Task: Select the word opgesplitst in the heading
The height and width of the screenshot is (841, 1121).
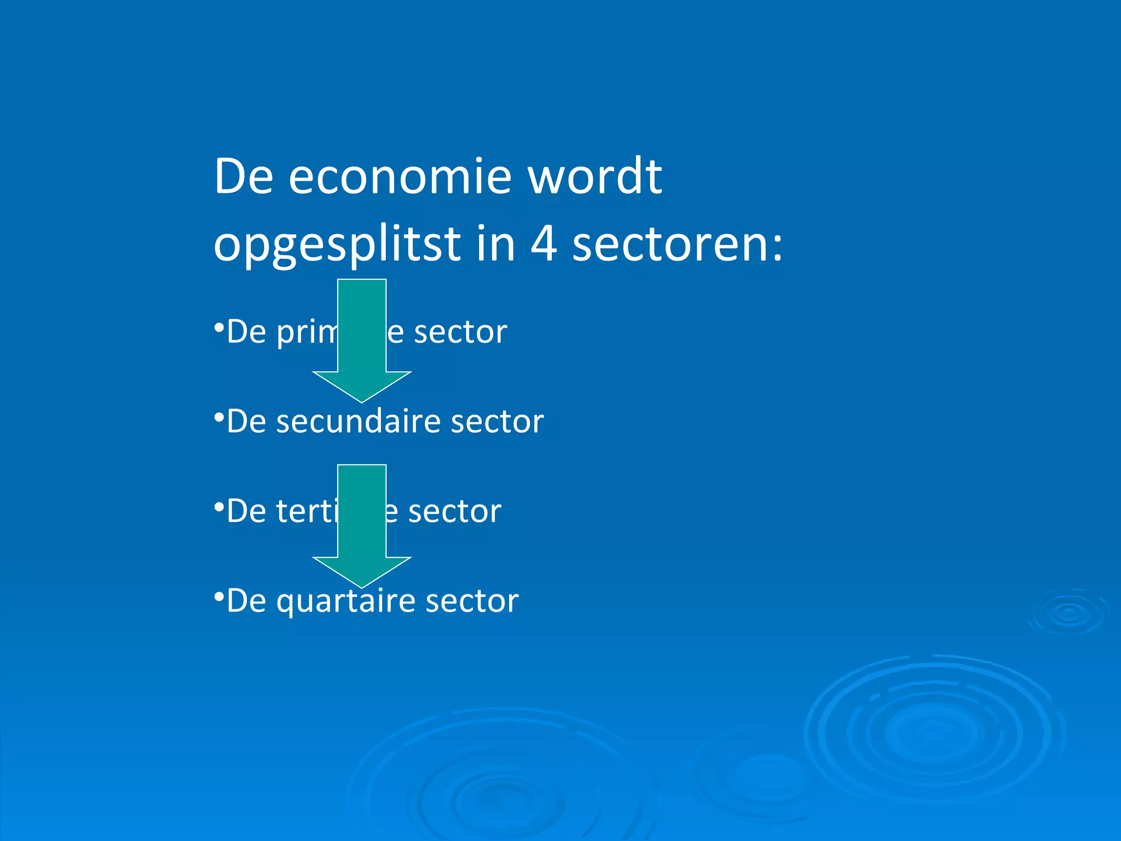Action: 337,245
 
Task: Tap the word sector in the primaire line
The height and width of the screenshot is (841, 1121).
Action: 460,332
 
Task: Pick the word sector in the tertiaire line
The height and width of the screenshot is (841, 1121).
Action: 454,512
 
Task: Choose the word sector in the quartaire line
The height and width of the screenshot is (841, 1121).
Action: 472,601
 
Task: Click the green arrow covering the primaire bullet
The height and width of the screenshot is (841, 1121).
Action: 362,339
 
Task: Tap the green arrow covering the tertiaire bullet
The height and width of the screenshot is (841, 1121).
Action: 362,525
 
